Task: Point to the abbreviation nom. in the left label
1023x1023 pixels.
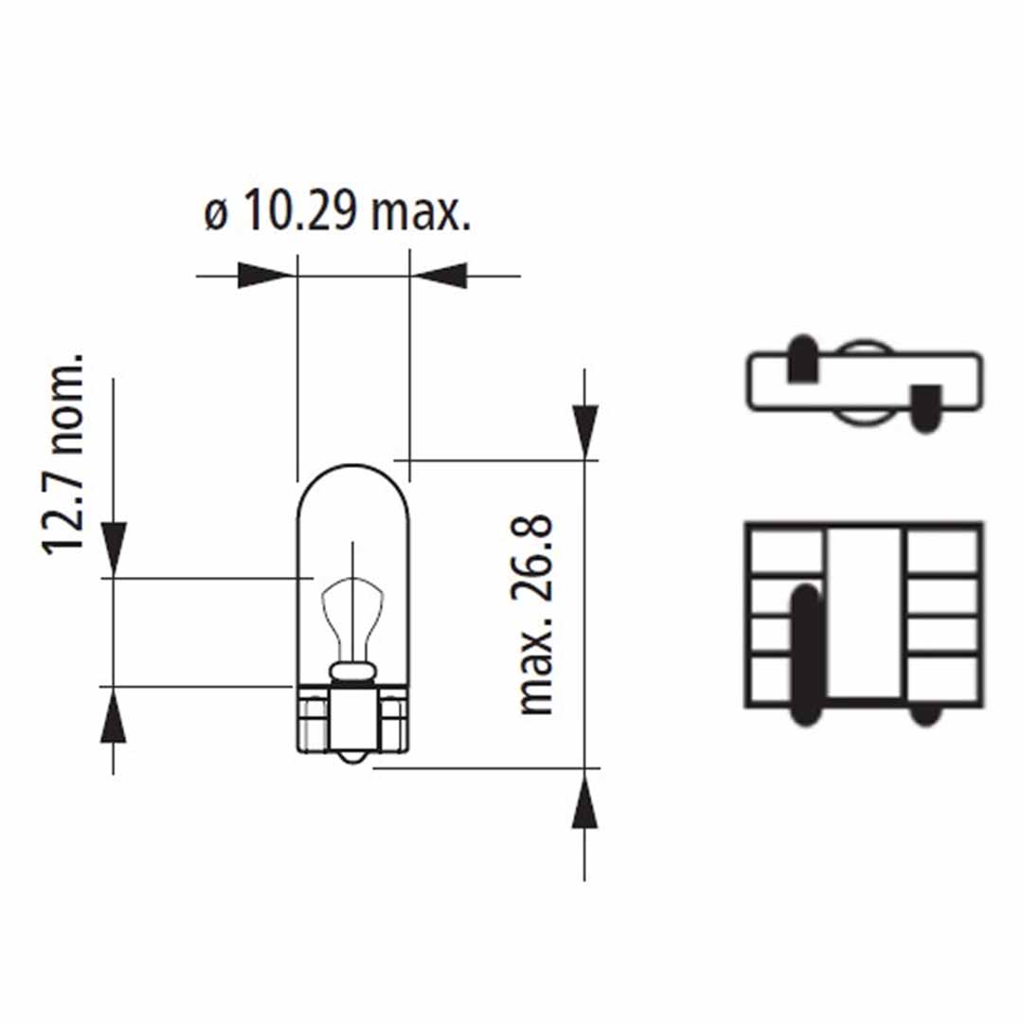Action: pyautogui.click(x=63, y=408)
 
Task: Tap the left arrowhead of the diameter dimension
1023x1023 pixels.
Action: pyautogui.click(x=263, y=276)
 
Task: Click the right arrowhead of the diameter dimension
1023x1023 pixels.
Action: pyautogui.click(x=441, y=276)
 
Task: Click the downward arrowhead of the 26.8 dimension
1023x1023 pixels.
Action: pyautogui.click(x=584, y=432)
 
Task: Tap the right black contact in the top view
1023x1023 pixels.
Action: pyautogui.click(x=925, y=406)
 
